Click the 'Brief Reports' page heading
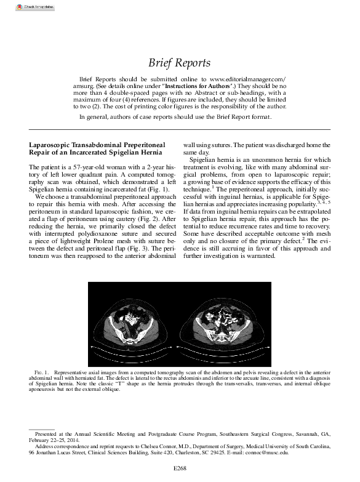pyautogui.click(x=180, y=63)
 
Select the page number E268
pyautogui.click(x=180, y=468)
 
